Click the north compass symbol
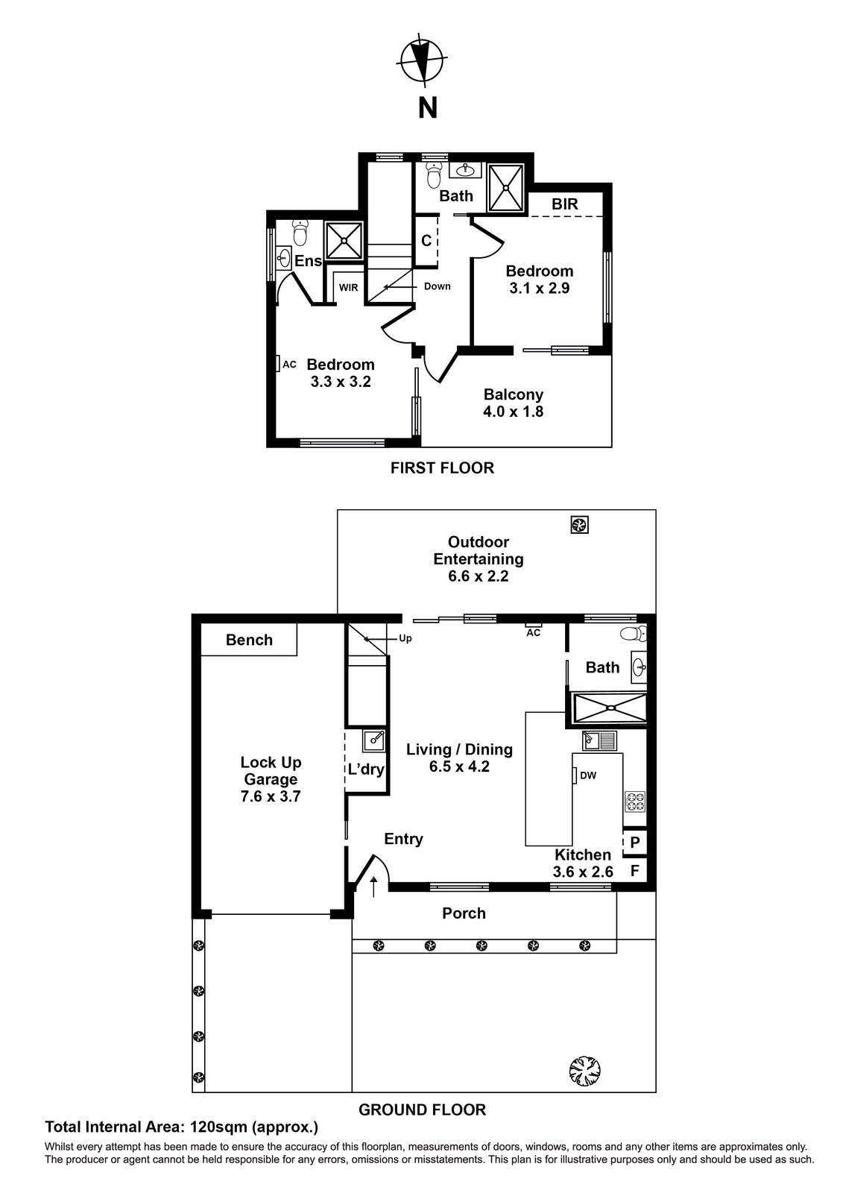[421, 60]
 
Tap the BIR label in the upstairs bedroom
[564, 204]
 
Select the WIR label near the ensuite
[348, 288]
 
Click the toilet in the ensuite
[300, 231]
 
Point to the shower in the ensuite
[344, 241]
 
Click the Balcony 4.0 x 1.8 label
[513, 403]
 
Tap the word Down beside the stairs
[438, 286]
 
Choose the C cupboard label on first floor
[426, 241]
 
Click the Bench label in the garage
[249, 640]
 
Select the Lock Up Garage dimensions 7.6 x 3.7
[271, 796]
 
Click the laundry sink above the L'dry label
[375, 740]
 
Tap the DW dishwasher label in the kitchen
[588, 775]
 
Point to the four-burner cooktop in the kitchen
[635, 802]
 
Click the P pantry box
[635, 843]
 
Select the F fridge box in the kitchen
[635, 871]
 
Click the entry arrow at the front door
[373, 887]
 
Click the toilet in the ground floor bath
[634, 634]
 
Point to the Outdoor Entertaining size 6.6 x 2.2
[479, 576]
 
